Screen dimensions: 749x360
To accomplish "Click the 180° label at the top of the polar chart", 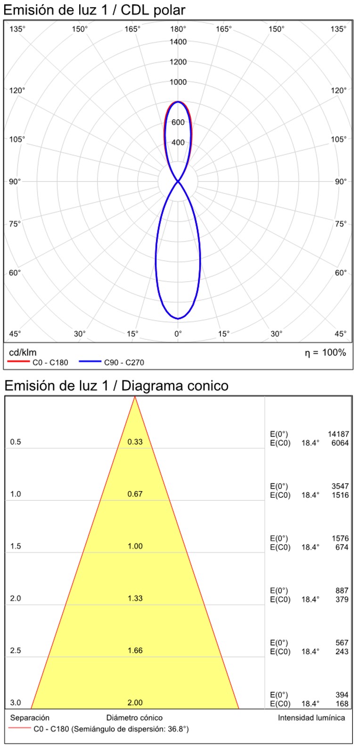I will (178, 29).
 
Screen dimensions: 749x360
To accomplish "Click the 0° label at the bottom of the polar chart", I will (178, 334).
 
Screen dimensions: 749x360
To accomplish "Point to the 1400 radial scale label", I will (178, 42).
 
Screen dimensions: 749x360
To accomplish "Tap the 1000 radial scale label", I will (178, 82).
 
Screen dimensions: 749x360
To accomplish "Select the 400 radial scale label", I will (178, 142).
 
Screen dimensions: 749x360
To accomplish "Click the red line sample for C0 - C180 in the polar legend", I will (18, 362).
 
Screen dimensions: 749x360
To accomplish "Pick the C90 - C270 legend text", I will (124, 362).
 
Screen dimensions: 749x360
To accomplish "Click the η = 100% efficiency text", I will (325, 353).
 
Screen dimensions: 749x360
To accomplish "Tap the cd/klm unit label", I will (23, 353).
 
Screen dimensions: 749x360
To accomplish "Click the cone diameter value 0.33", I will (135, 442).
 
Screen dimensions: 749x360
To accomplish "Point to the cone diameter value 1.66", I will (135, 650).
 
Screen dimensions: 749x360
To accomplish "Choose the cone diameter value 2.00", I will (135, 702).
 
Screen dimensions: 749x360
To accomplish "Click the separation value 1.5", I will (16, 546).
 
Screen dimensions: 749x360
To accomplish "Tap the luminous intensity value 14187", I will (338, 434).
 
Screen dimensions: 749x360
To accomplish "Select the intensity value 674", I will (342, 547).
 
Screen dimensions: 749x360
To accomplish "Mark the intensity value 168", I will (342, 704).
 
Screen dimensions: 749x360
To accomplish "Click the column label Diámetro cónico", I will (134, 718).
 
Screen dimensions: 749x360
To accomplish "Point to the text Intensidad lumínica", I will (311, 718).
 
